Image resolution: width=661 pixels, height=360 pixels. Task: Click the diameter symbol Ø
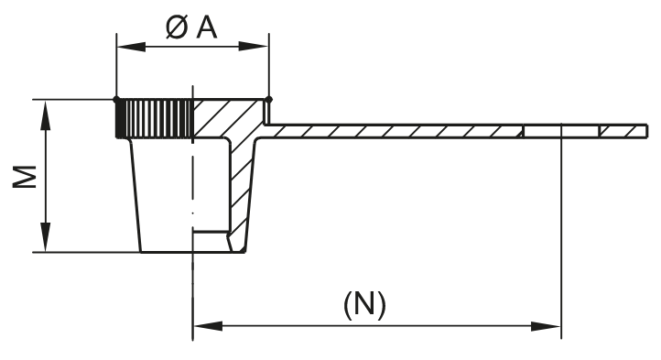pyautogui.click(x=178, y=27)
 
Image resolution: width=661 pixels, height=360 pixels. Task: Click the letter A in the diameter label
pyautogui.click(x=207, y=27)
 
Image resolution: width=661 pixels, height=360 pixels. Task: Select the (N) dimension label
pyautogui.click(x=364, y=303)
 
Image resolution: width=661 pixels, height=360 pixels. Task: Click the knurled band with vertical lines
pyautogui.click(x=154, y=118)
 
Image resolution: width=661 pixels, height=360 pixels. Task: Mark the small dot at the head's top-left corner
pyautogui.click(x=115, y=99)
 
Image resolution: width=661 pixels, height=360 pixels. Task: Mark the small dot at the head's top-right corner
pyautogui.click(x=268, y=99)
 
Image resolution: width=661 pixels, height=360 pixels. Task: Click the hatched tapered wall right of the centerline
pyautogui.click(x=243, y=188)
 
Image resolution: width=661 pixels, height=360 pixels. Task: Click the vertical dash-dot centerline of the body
pyautogui.click(x=192, y=183)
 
